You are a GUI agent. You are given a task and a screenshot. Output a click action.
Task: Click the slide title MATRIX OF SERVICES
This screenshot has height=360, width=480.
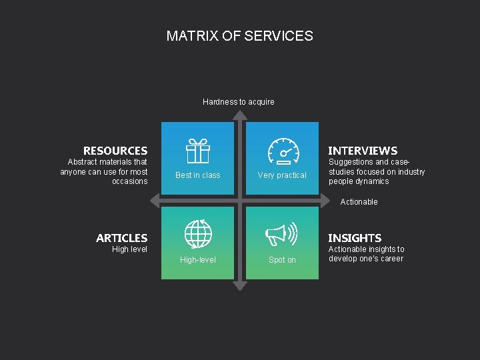239,36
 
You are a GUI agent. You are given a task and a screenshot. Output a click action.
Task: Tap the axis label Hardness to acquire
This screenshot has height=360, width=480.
238,102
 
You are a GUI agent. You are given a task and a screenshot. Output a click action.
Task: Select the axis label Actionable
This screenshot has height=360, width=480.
359,202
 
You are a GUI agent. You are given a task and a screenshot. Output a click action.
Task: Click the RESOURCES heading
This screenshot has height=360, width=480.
115,151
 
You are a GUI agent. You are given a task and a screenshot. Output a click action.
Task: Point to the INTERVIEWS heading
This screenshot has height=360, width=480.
363,151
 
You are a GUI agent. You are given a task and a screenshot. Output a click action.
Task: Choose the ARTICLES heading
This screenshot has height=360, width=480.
122,238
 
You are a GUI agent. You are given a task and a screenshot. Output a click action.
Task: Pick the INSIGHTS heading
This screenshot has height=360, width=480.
355,238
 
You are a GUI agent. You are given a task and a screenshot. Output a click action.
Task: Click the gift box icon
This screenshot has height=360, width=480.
197,151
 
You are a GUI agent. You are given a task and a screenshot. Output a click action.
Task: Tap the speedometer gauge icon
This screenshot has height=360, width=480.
283,151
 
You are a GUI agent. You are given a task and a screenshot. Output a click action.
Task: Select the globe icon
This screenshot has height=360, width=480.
198,233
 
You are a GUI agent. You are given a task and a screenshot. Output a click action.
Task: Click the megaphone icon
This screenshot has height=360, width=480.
281,234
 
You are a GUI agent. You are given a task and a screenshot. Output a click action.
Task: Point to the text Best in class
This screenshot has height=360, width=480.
197,175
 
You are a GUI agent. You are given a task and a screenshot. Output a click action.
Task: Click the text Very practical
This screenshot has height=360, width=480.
282,175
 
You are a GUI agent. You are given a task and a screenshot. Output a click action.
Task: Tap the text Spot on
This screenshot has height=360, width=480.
282,260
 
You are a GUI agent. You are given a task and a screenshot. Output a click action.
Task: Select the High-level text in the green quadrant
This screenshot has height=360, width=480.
198,260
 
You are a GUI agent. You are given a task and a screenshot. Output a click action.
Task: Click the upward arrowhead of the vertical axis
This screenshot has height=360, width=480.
240,115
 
